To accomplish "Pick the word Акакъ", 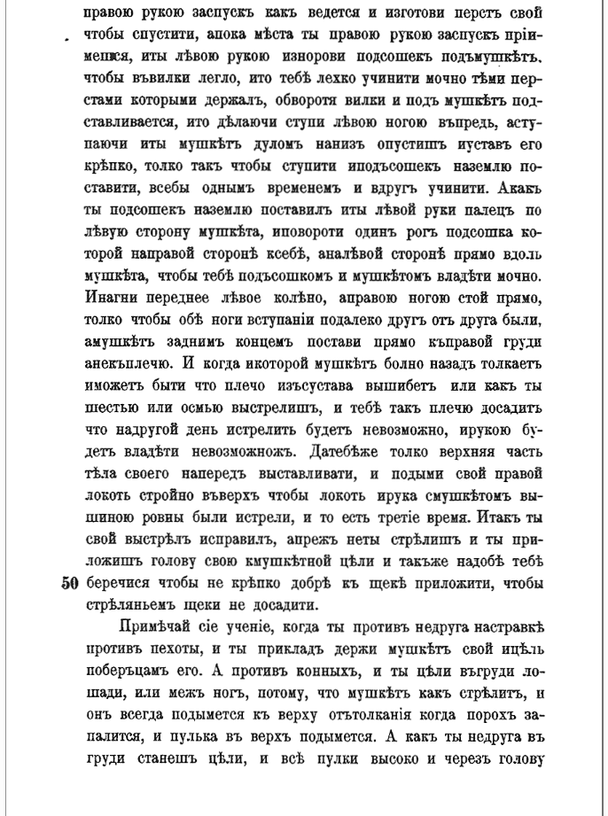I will (517, 188).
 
